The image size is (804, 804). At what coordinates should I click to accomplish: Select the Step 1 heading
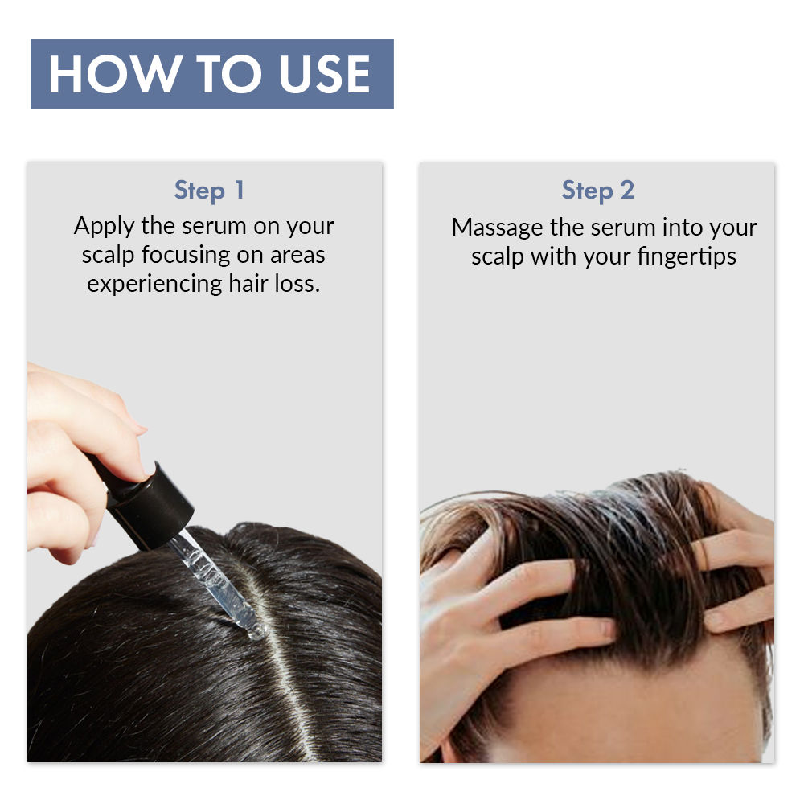tap(209, 191)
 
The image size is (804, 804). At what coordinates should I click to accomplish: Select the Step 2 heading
tap(597, 191)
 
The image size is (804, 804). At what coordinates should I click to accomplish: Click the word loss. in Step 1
tap(296, 284)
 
